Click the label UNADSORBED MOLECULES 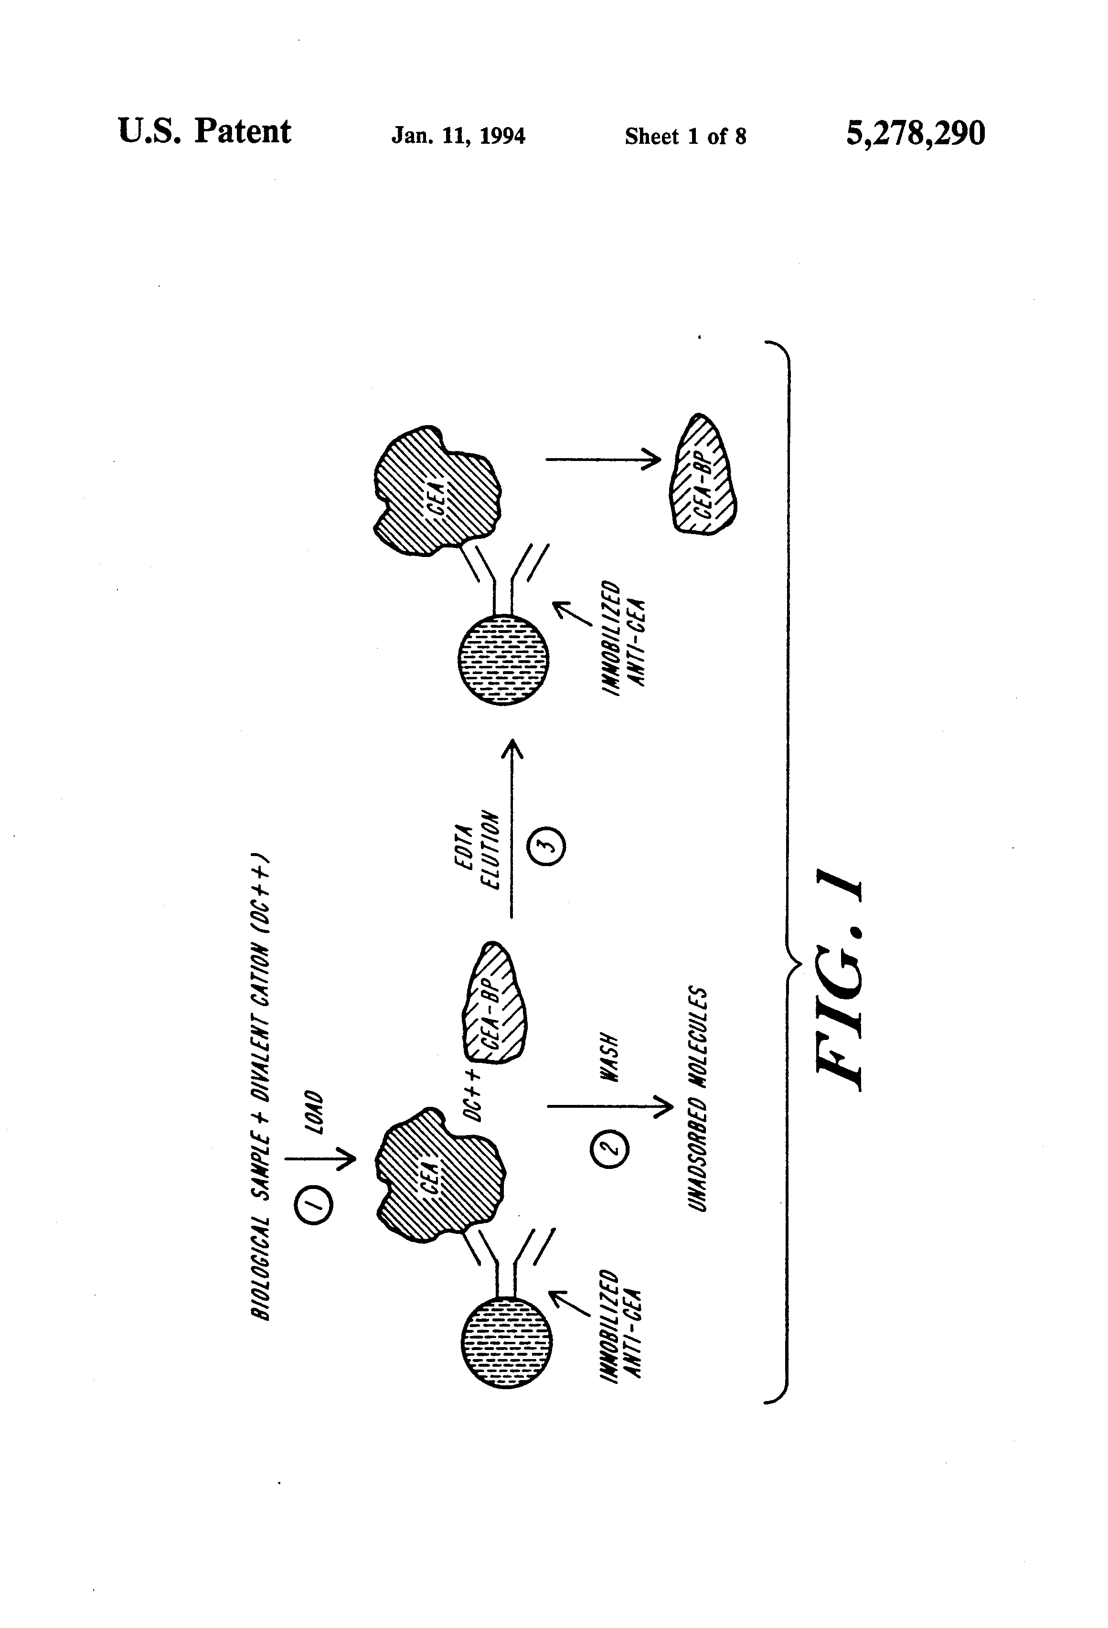[x=698, y=1098]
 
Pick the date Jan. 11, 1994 [x=458, y=135]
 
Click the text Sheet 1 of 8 [x=685, y=136]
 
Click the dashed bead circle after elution [x=503, y=659]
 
